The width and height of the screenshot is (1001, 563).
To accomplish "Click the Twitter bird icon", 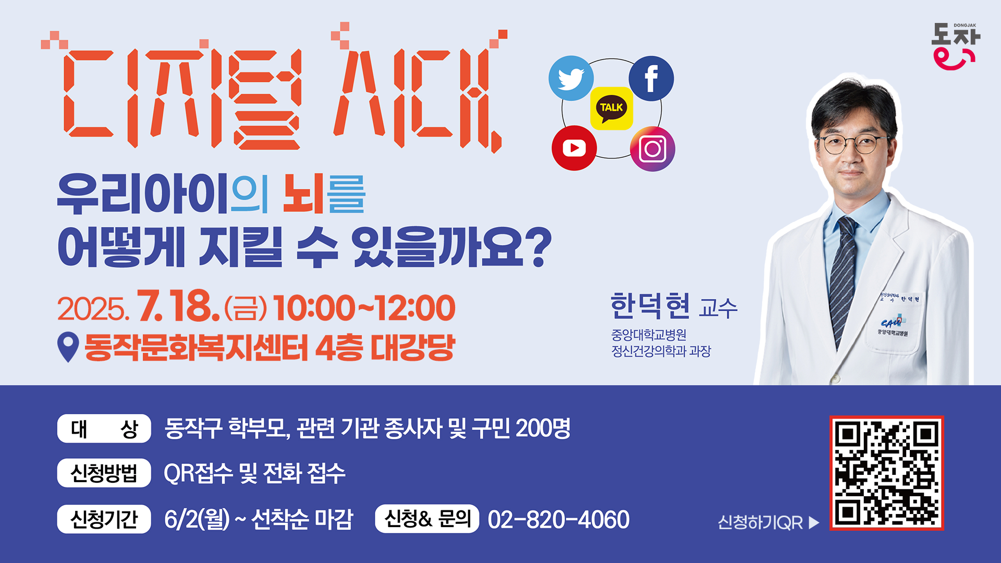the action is point(571,78).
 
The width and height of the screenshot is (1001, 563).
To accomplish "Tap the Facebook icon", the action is point(651,78).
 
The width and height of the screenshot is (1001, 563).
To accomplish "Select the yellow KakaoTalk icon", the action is point(612,108).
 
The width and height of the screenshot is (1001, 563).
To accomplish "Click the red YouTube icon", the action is point(574,148).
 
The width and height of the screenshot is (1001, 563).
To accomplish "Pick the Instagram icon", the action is point(653,149).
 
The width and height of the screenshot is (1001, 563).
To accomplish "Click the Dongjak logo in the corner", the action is point(956,46).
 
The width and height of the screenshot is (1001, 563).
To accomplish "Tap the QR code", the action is point(887,473).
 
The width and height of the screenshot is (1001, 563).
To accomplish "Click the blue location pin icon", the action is point(68,347).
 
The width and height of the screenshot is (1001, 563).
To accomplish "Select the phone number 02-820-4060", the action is point(558,519).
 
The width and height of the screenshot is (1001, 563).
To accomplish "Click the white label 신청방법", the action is point(104,473).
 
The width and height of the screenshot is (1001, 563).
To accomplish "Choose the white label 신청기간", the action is point(104,519).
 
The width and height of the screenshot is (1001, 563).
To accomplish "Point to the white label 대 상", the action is point(104,429).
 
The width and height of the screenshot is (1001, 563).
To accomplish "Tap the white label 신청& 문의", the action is point(427,519).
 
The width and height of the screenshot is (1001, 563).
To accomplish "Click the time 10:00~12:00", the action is point(364,308).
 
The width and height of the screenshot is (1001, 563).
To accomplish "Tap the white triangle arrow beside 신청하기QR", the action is point(814,522).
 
